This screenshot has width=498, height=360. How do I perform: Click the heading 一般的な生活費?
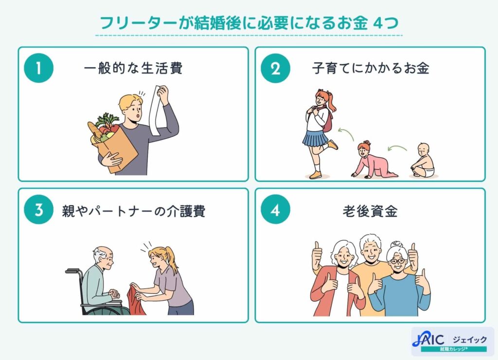[x=133, y=69]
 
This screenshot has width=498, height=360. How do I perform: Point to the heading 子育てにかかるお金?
[x=370, y=69]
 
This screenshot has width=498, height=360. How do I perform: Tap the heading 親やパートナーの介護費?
[x=133, y=211]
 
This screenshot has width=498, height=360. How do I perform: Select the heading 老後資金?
[x=370, y=211]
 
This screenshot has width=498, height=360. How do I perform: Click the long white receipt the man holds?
[x=156, y=109]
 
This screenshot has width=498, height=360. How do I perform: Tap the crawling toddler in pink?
[x=370, y=161]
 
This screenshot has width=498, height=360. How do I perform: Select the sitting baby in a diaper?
[x=423, y=161]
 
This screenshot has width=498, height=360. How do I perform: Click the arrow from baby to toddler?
[x=397, y=147]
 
